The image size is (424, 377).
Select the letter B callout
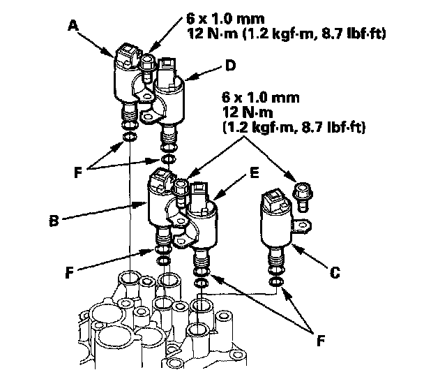54,222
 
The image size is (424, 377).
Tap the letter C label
334,273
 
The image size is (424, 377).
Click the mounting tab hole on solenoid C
301,225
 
